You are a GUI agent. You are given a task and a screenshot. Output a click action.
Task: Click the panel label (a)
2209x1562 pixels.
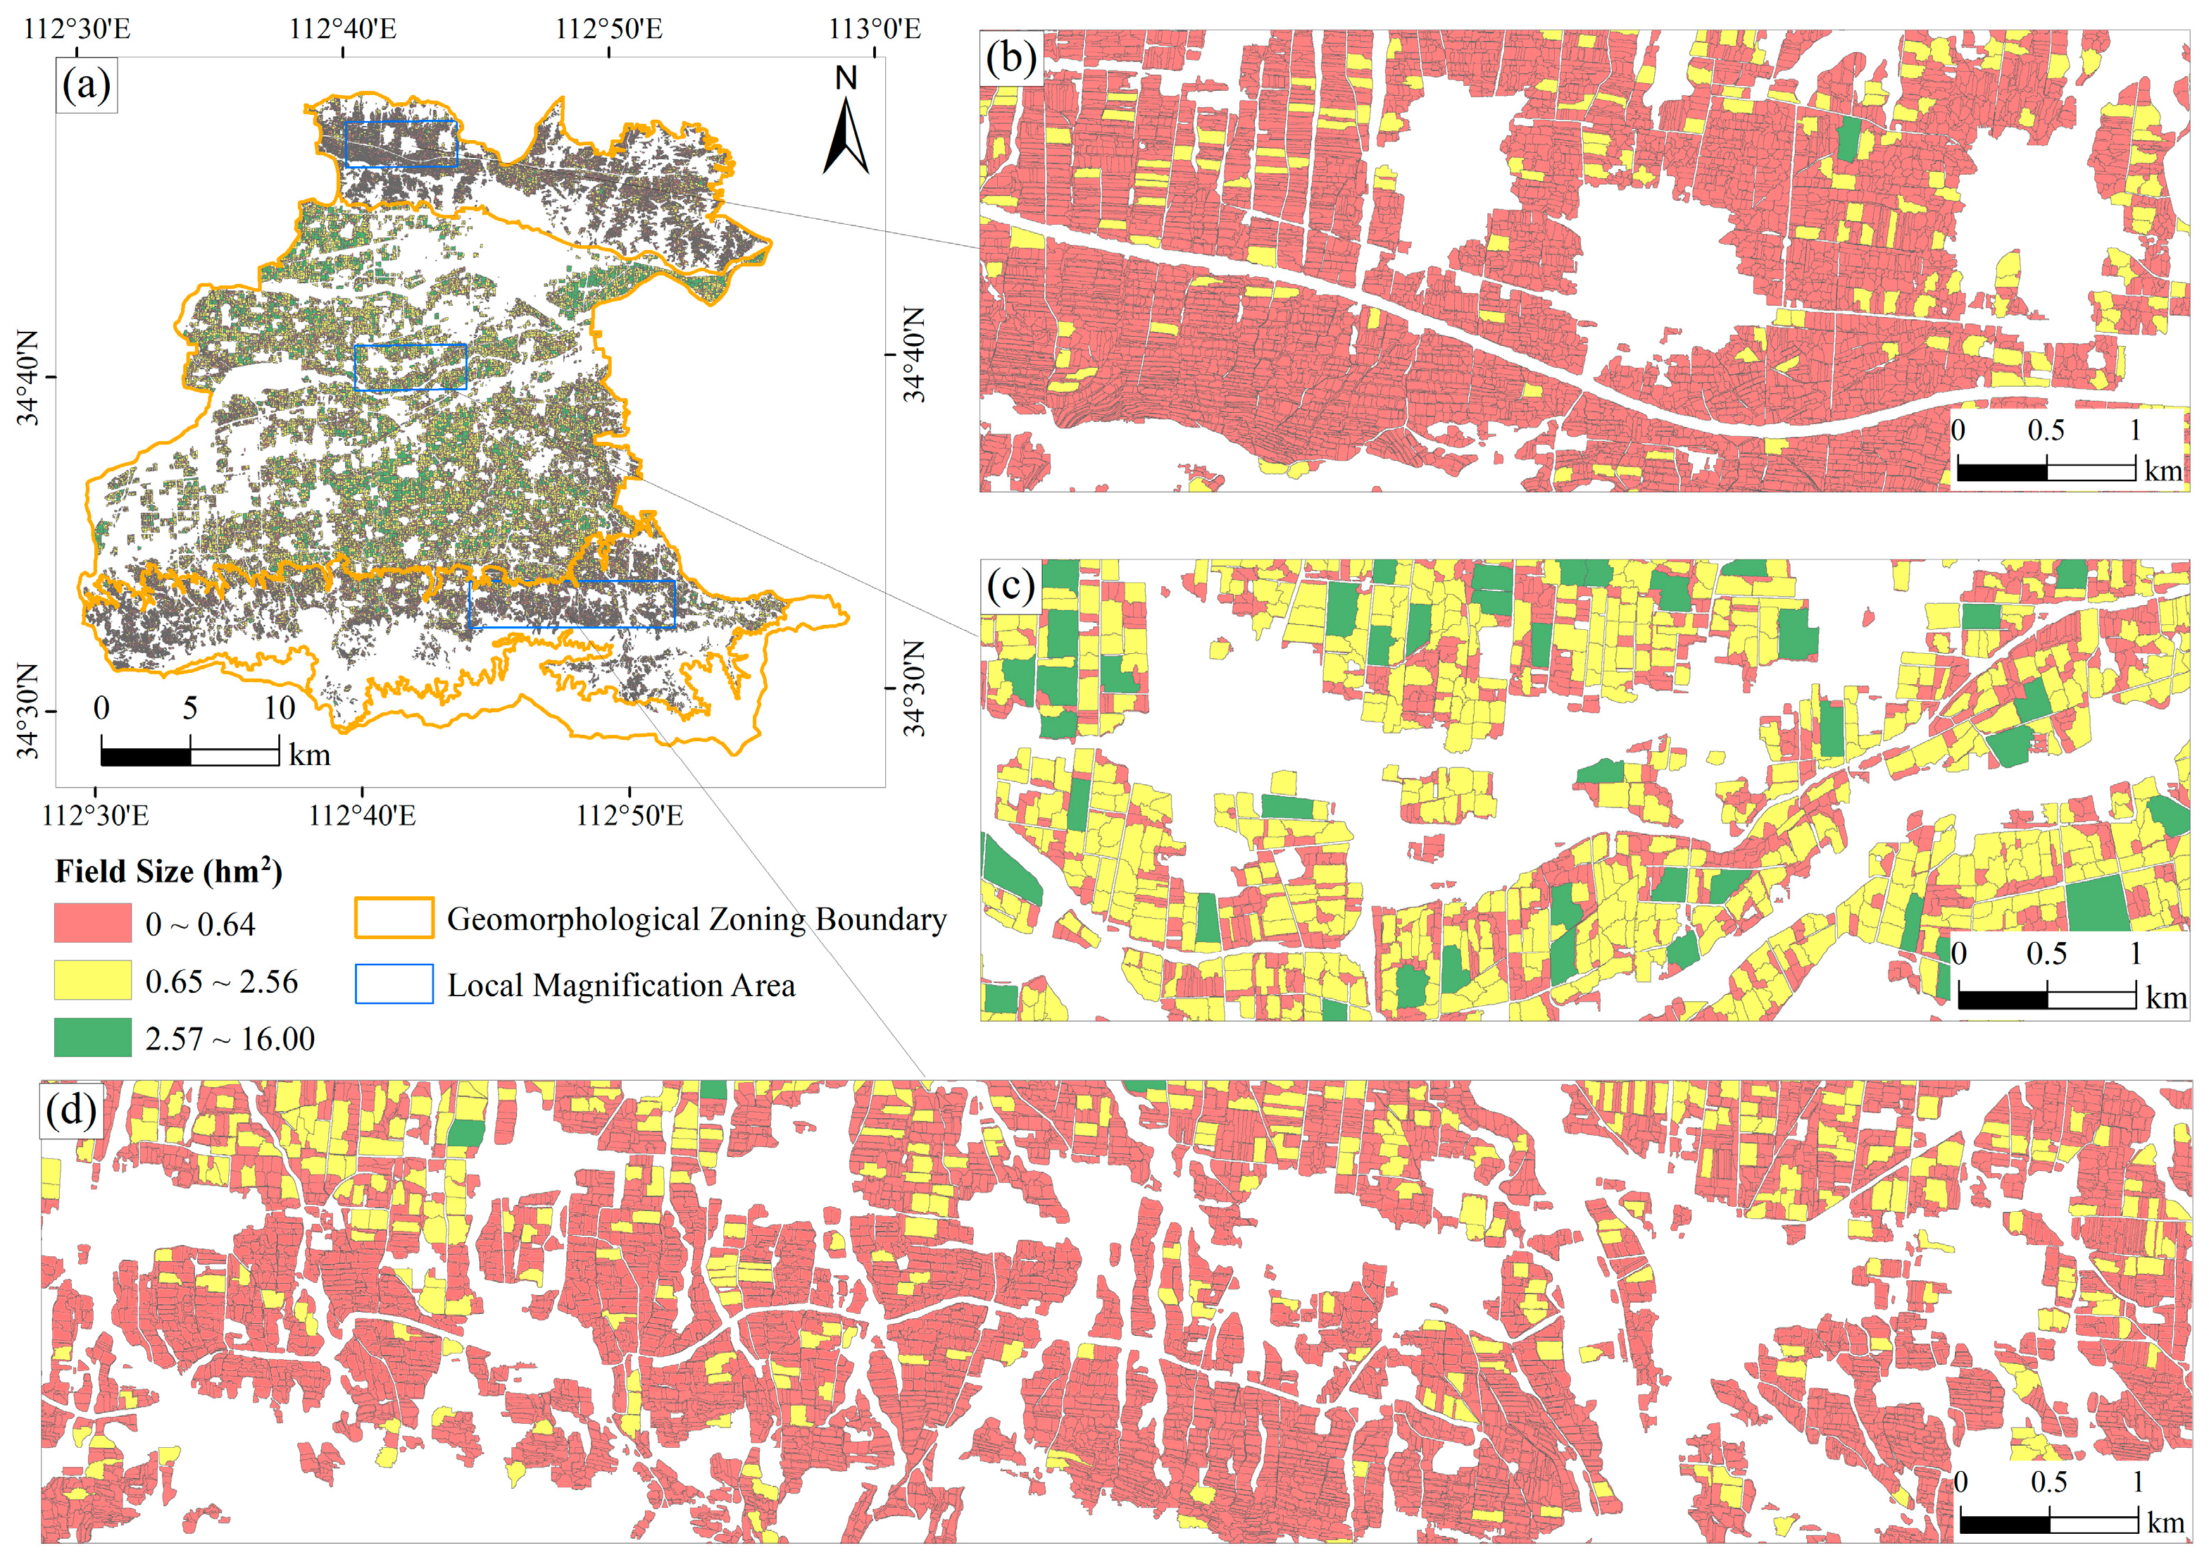click(87, 86)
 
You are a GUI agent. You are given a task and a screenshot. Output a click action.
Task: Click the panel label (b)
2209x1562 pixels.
click(1010, 58)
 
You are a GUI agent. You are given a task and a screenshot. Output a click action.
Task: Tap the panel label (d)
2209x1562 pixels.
click(71, 1110)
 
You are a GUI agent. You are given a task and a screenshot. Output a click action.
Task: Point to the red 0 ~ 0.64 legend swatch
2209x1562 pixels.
click(92, 923)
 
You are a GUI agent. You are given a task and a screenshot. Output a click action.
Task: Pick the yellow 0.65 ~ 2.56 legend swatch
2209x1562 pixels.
click(92, 981)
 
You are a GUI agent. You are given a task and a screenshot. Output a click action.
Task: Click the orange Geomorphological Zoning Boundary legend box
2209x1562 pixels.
click(394, 918)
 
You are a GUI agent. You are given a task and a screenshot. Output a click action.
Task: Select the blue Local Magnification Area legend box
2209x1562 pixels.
click(394, 984)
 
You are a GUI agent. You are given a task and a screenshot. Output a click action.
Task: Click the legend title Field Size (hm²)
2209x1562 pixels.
click(168, 871)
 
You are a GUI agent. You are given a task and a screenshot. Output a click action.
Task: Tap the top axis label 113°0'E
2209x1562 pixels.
click(875, 28)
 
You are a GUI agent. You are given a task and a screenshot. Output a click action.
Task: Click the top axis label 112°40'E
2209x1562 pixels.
click(342, 28)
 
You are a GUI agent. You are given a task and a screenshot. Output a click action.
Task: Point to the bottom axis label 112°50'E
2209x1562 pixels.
click(630, 815)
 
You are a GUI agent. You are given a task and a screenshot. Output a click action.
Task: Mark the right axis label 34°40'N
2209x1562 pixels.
click(914, 354)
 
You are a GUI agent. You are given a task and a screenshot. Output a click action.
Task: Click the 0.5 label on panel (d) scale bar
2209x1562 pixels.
click(2048, 1482)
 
